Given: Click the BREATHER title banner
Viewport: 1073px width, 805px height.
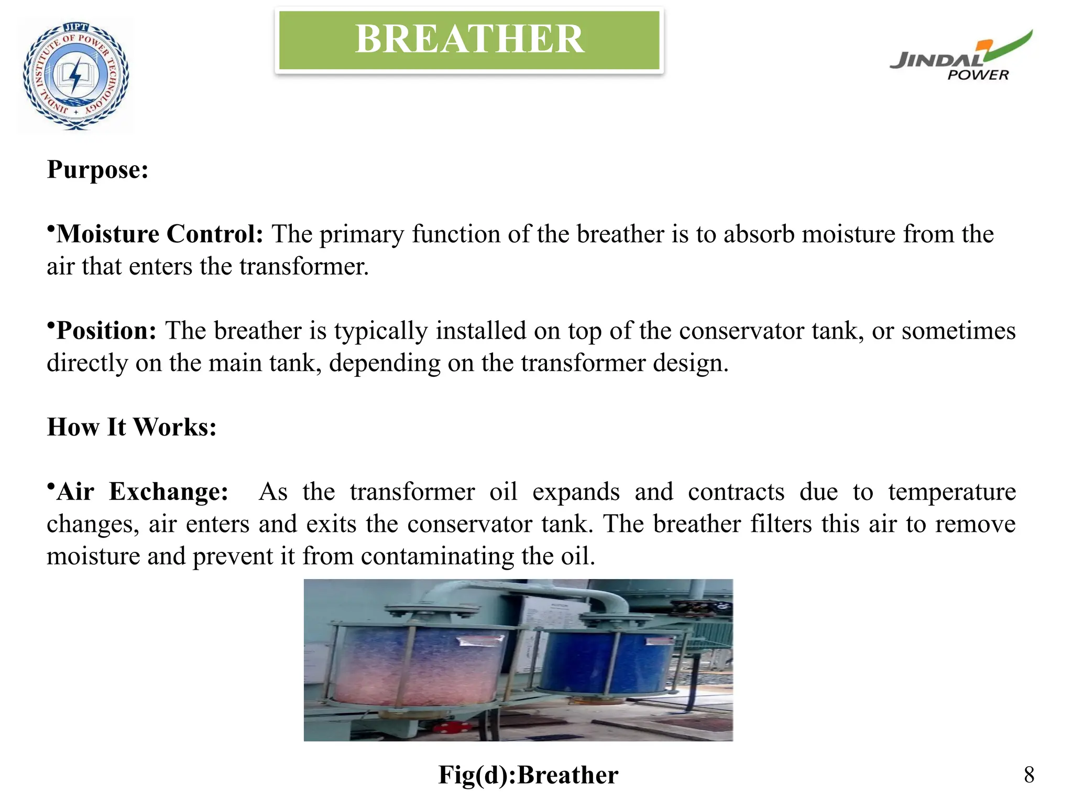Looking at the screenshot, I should [469, 40].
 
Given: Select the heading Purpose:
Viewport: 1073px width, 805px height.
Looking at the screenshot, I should [98, 170].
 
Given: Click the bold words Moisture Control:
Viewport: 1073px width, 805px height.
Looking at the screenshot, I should [160, 234].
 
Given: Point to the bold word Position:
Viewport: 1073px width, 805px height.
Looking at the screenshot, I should [106, 331].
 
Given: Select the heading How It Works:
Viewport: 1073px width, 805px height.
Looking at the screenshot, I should [132, 427].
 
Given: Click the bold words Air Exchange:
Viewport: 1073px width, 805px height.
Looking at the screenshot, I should [143, 492].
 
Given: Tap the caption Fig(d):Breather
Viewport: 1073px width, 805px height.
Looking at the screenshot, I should [528, 775].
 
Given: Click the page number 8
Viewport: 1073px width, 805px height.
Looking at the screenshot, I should [1028, 775].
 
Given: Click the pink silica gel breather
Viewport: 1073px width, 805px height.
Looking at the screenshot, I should [414, 666].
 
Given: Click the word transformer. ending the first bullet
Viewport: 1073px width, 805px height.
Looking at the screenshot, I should [304, 267].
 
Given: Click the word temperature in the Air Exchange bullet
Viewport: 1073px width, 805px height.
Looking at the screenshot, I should [951, 492].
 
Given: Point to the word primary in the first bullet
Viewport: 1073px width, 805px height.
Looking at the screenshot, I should [362, 234].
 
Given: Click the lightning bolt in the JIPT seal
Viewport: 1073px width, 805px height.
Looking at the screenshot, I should [76, 75].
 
